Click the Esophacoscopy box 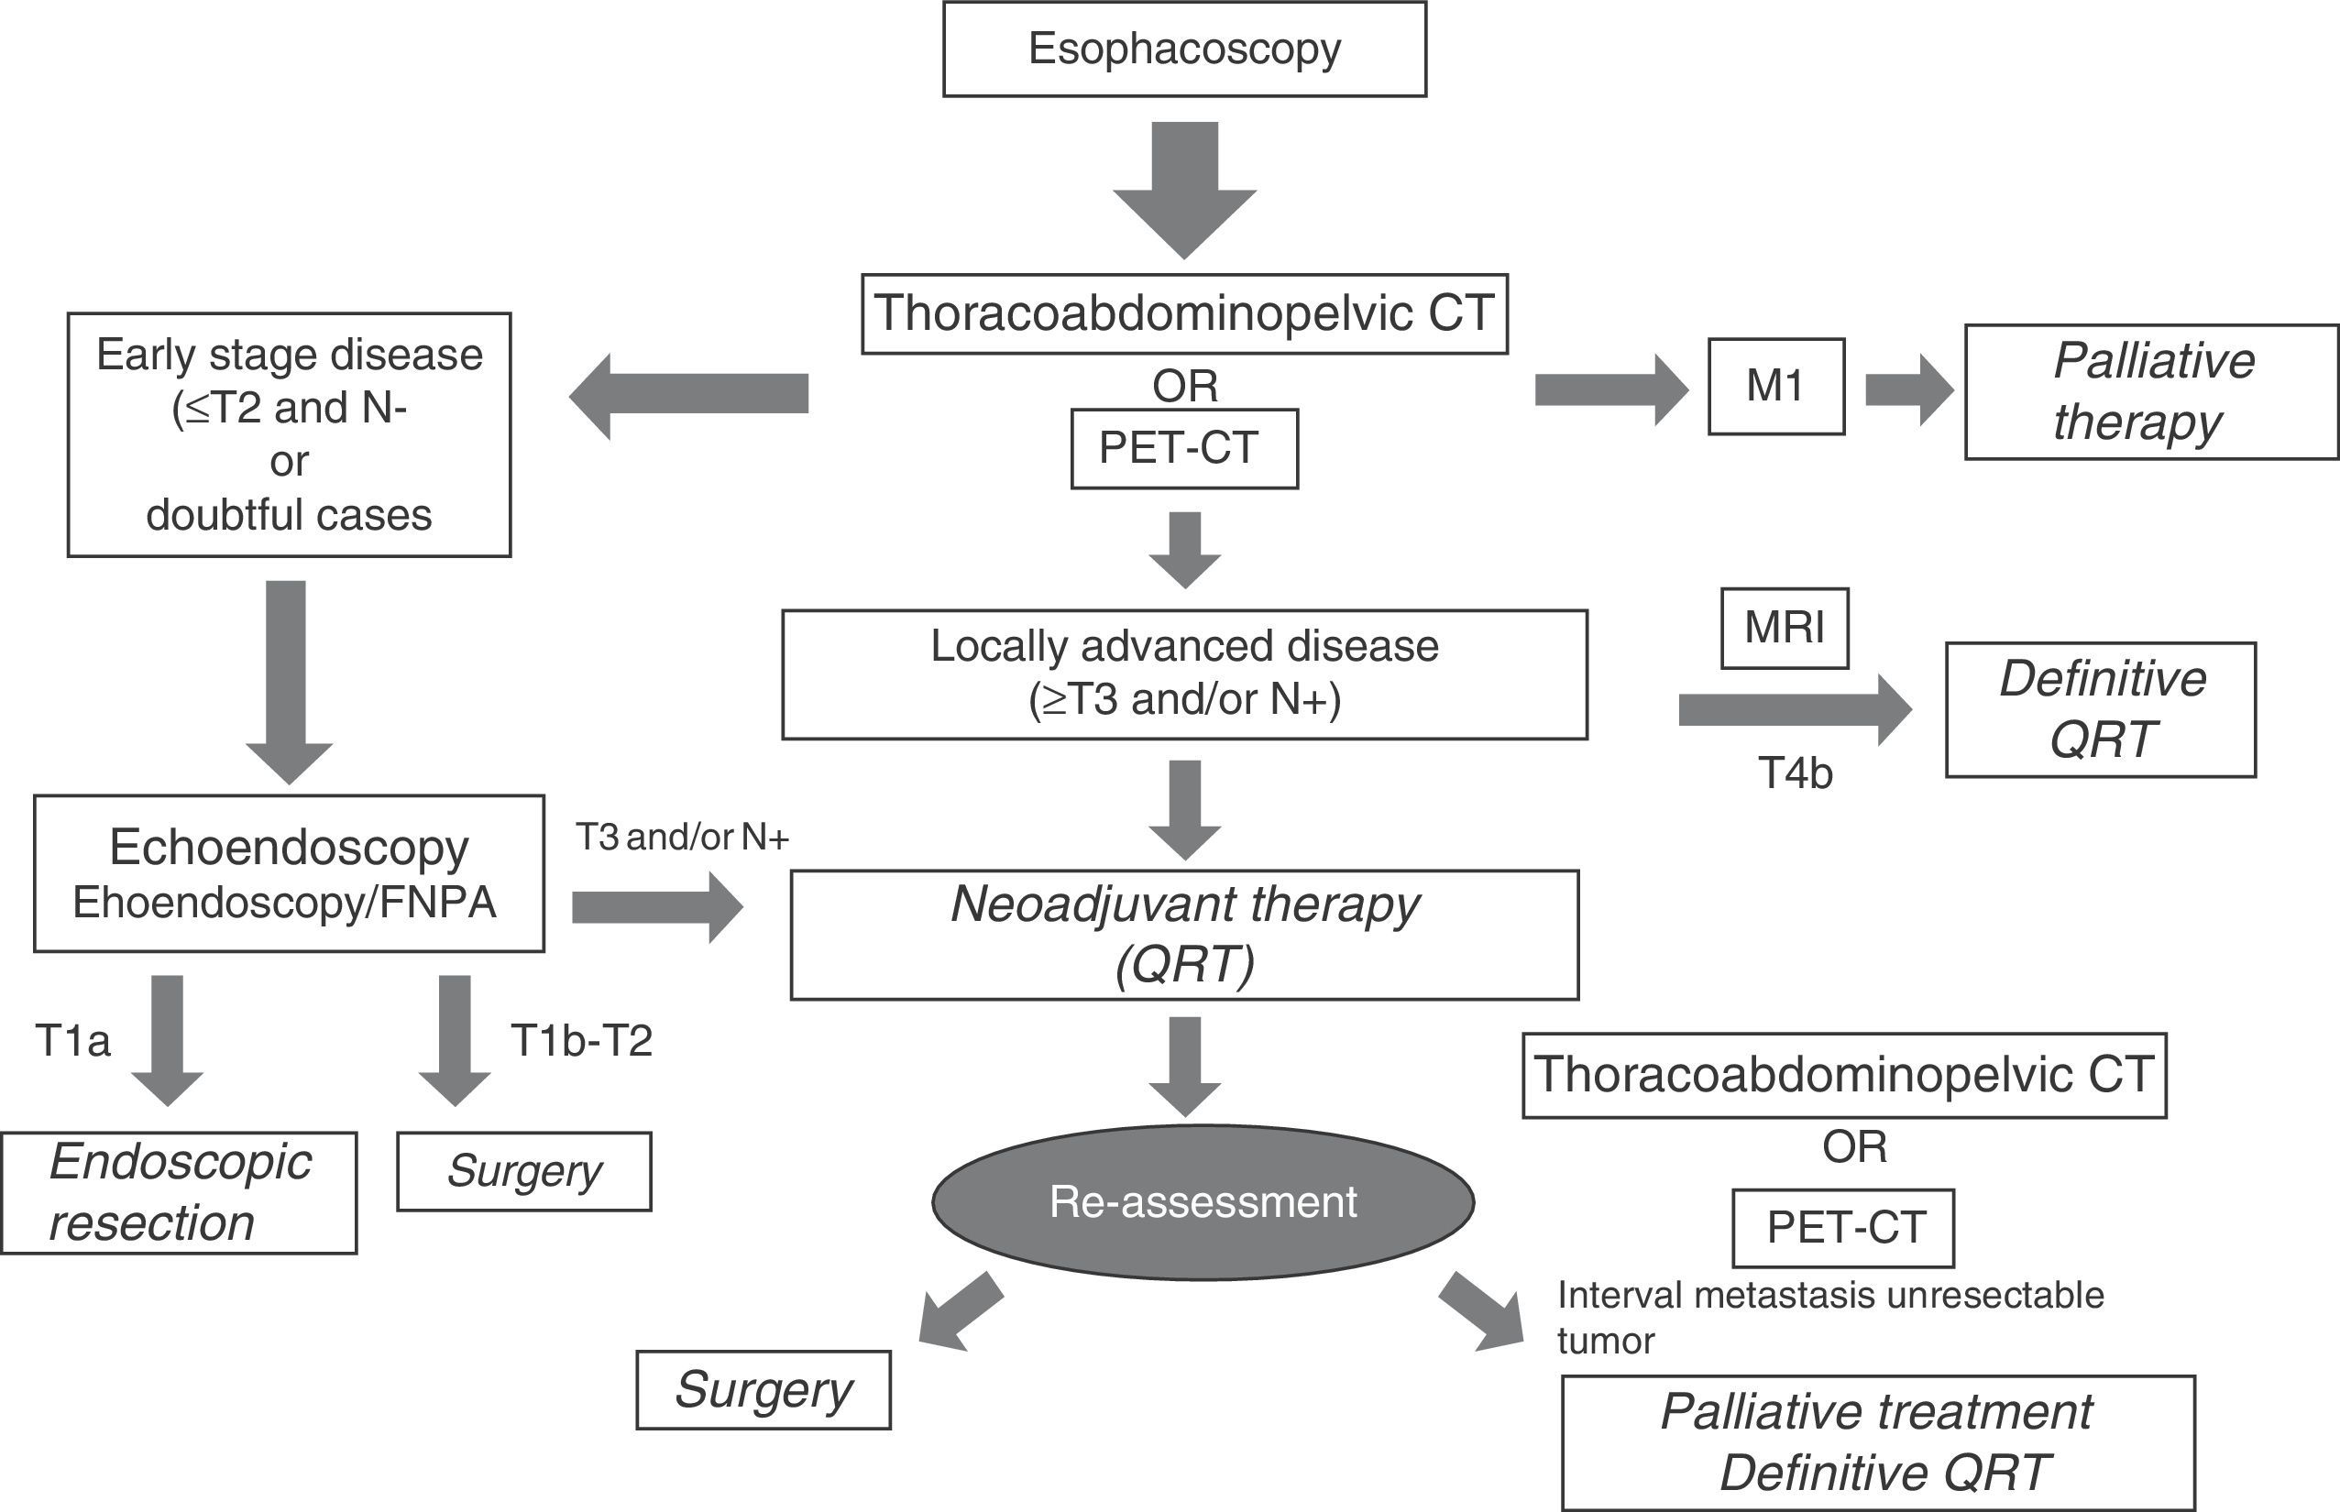tap(1184, 49)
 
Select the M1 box tap(1775, 386)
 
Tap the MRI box tap(1785, 629)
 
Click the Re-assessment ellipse tap(1203, 1201)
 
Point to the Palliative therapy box tap(2150, 392)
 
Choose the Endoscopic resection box tap(179, 1193)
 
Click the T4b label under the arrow tap(1795, 773)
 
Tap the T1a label tap(72, 1041)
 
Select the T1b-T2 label tap(581, 1041)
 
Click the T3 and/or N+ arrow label tap(683, 837)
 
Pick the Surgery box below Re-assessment tap(763, 1390)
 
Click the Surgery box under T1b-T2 tap(523, 1171)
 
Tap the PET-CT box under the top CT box tap(1183, 449)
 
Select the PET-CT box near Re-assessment tap(1842, 1228)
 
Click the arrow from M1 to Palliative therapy tap(1907, 389)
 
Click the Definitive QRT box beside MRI tap(2101, 710)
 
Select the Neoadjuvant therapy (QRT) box tap(1184, 935)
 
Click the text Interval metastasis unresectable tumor tap(1829, 1318)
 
